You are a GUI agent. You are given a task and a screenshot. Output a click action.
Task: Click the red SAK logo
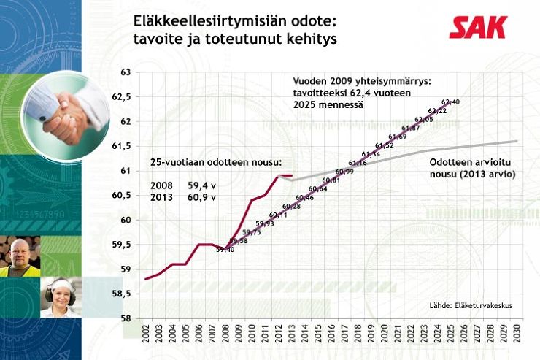point(477,28)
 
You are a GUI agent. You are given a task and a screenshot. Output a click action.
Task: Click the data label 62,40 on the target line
point(450,102)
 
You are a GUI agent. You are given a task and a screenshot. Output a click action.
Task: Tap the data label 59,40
point(225,250)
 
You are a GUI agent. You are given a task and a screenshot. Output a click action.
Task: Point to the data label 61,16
point(358,163)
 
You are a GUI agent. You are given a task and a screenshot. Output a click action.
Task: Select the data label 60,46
point(305,198)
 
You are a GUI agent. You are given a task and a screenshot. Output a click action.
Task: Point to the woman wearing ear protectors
point(60,296)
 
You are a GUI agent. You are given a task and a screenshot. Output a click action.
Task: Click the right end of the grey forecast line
point(517,141)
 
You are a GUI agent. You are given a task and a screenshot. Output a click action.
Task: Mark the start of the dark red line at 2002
point(146,279)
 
